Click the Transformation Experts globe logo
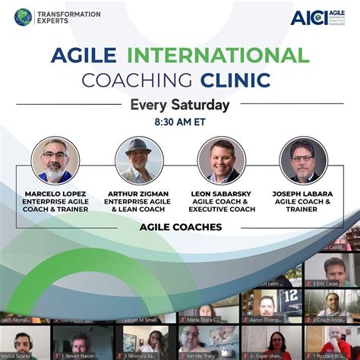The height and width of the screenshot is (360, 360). (24, 17)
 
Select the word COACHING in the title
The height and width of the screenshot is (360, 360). (139, 80)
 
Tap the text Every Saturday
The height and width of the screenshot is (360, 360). (180, 104)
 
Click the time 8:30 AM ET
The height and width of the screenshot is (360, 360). (180, 121)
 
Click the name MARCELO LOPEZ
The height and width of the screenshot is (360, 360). (55, 193)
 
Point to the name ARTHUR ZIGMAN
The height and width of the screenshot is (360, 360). (139, 193)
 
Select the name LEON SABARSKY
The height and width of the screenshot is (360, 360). (221, 193)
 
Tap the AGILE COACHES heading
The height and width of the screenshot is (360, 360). (180, 226)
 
